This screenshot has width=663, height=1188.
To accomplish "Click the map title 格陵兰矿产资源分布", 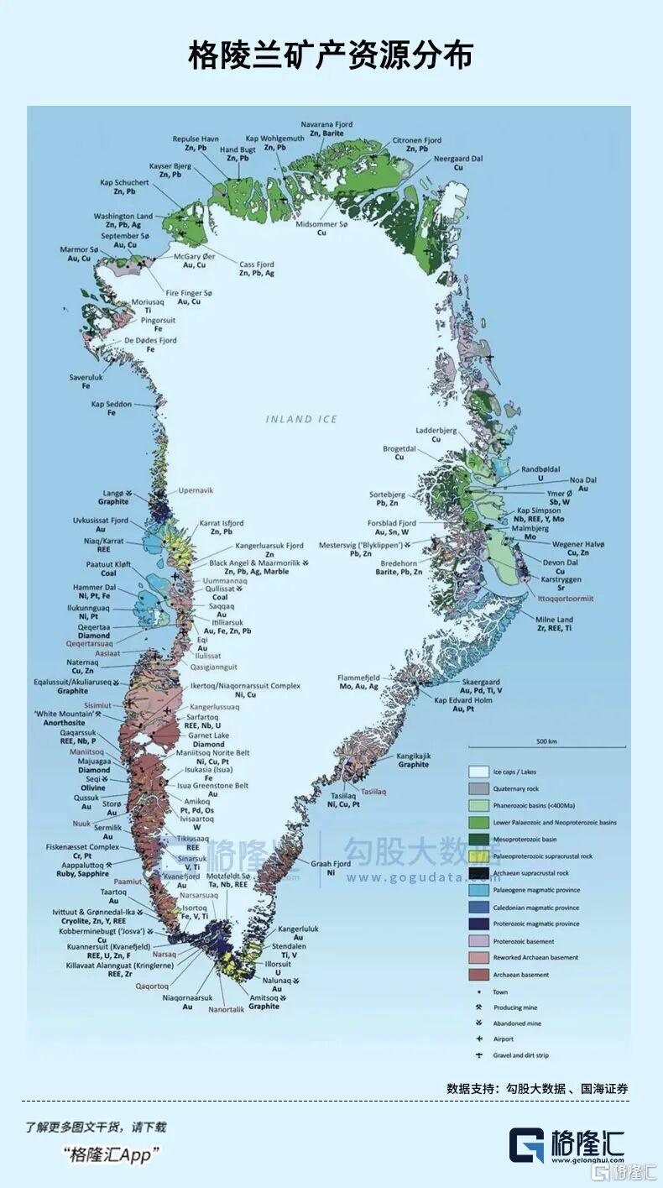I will (331, 55).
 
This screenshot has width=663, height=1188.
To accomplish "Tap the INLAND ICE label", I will (301, 419).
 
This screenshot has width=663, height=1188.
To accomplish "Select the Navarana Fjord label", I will (326, 124).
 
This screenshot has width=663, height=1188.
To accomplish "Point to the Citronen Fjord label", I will (417, 140).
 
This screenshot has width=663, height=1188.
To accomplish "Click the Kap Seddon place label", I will (112, 405).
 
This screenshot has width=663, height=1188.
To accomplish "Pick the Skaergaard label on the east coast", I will (481, 682).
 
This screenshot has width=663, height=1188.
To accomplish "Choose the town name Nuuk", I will (81, 824).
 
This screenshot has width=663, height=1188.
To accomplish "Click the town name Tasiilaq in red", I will (373, 791).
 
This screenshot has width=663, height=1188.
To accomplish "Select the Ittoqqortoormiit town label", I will (566, 599).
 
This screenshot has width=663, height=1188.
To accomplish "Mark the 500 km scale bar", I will (546, 746).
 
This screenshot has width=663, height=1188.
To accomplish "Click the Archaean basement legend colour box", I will (478, 975).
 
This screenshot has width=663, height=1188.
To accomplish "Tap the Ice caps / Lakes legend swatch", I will (478, 772).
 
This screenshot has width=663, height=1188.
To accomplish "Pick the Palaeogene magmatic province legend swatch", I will (478, 890).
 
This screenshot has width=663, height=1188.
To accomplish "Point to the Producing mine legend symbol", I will (478, 1007).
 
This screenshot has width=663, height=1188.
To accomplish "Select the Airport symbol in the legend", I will (478, 1039).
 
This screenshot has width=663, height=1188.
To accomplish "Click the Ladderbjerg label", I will (436, 431).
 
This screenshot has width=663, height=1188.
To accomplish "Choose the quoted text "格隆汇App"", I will (111, 1155).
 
